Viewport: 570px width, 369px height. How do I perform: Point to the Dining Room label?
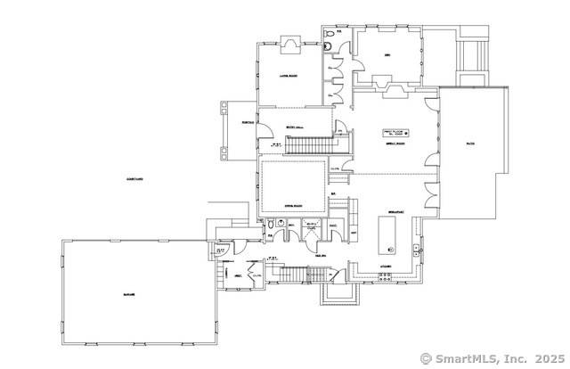coord(295,205)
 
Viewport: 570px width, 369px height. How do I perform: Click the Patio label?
coord(469,143)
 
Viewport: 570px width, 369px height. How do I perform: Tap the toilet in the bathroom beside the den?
coord(330,35)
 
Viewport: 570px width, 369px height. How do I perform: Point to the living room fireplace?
coord(290,42)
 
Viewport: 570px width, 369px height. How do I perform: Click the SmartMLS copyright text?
coord(492,358)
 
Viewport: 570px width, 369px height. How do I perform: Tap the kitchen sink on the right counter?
coord(415,250)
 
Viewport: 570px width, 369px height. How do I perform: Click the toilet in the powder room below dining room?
coord(271,226)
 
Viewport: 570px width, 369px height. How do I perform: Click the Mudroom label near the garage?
coord(239,275)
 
